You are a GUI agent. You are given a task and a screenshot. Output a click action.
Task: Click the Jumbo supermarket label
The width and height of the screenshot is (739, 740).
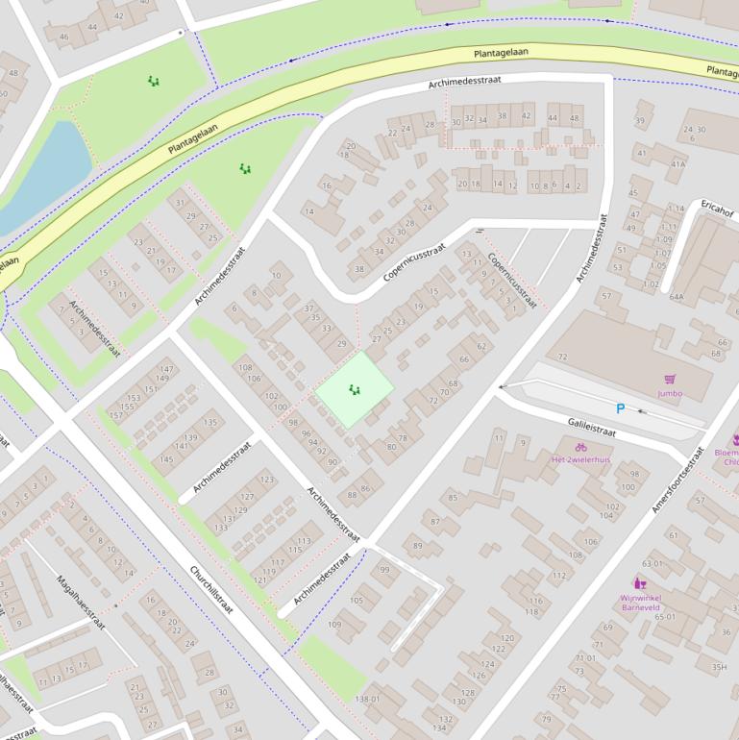coord(670,393)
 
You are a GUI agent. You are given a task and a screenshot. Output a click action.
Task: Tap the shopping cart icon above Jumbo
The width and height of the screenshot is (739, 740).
coord(670,380)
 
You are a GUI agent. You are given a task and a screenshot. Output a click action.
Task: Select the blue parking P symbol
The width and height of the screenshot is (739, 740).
coord(620,408)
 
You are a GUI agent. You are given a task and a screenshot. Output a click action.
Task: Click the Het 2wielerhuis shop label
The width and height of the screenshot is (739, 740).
coord(580,459)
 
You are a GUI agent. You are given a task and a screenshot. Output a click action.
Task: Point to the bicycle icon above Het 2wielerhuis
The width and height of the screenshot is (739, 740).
coord(580,446)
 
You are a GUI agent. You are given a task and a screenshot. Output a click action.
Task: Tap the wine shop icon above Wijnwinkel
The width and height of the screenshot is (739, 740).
coord(639,582)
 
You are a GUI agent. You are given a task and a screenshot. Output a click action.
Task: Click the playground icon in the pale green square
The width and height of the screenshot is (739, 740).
coord(355,389)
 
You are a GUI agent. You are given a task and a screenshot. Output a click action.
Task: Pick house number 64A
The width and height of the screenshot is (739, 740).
coord(677,297)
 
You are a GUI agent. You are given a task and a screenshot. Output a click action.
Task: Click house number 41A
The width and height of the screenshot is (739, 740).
coord(678,164)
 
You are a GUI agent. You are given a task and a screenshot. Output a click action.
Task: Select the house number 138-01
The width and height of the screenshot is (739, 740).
coord(368,699)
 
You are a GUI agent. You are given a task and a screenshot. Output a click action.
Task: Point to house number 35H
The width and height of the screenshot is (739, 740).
coord(718,667)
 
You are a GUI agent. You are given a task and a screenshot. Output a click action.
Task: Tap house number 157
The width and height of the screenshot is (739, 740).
coord(116,414)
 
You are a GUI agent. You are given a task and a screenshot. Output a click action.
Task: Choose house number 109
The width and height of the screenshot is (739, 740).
coord(333,625)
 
